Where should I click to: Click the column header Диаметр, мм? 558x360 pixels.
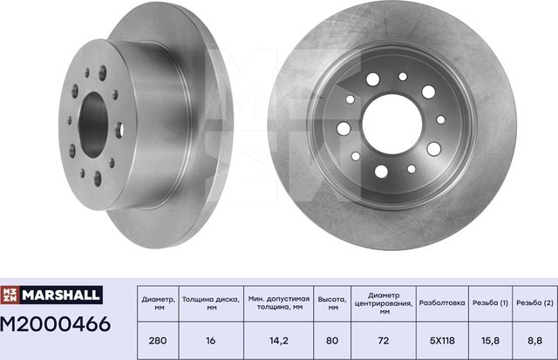coord(158,302)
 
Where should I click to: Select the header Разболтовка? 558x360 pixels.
coord(443,302)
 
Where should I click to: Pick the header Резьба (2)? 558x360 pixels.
coord(534,302)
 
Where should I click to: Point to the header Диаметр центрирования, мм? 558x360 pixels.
coord(383,302)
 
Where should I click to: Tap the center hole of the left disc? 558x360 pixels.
coord(92,126)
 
